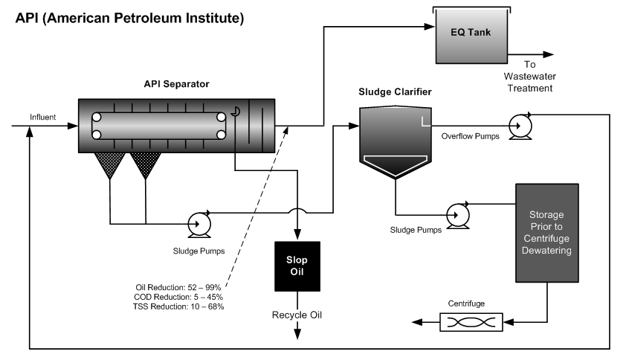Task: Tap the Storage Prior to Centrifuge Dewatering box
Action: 546,231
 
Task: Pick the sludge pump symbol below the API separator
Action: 199,222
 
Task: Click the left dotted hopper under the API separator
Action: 109,165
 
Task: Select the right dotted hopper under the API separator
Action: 146,165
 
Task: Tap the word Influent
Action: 42,117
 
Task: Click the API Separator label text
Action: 176,84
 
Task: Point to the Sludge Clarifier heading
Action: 395,93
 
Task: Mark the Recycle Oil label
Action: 297,315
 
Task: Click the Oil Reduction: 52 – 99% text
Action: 178,286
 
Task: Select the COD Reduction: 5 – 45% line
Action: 178,296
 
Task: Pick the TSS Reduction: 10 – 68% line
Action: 178,306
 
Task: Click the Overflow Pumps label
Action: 466,137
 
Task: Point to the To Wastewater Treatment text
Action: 529,77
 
